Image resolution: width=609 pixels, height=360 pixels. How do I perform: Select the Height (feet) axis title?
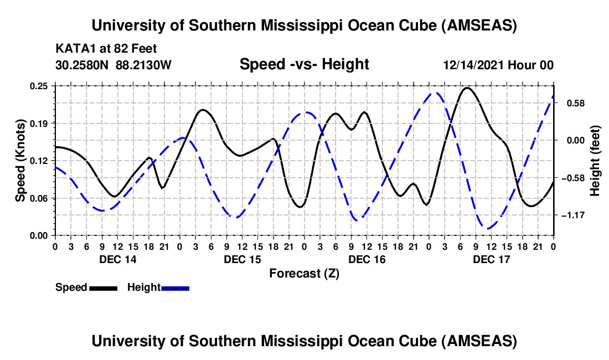(x=595, y=161)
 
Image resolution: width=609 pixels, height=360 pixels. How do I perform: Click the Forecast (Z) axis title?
(x=304, y=273)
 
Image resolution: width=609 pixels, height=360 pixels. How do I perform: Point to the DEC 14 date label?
(x=117, y=259)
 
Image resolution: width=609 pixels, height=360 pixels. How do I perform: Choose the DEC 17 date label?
(x=491, y=259)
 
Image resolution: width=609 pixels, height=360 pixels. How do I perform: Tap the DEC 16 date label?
(x=367, y=259)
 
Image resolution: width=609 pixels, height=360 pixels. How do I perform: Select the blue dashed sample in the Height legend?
(x=175, y=288)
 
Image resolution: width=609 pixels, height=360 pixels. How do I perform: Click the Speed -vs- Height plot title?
(x=304, y=64)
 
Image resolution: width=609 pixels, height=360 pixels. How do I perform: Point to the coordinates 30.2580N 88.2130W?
(x=113, y=65)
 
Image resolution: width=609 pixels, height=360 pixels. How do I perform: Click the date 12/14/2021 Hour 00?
(x=498, y=65)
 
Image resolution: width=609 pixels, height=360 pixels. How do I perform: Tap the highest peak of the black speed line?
(x=468, y=88)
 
